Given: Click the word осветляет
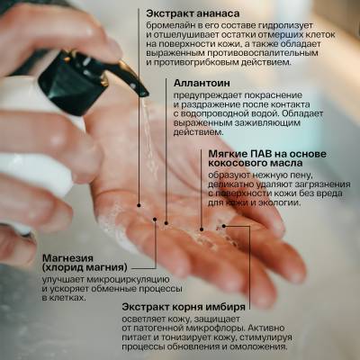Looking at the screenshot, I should (148, 319).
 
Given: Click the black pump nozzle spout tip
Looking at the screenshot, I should (140, 87).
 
